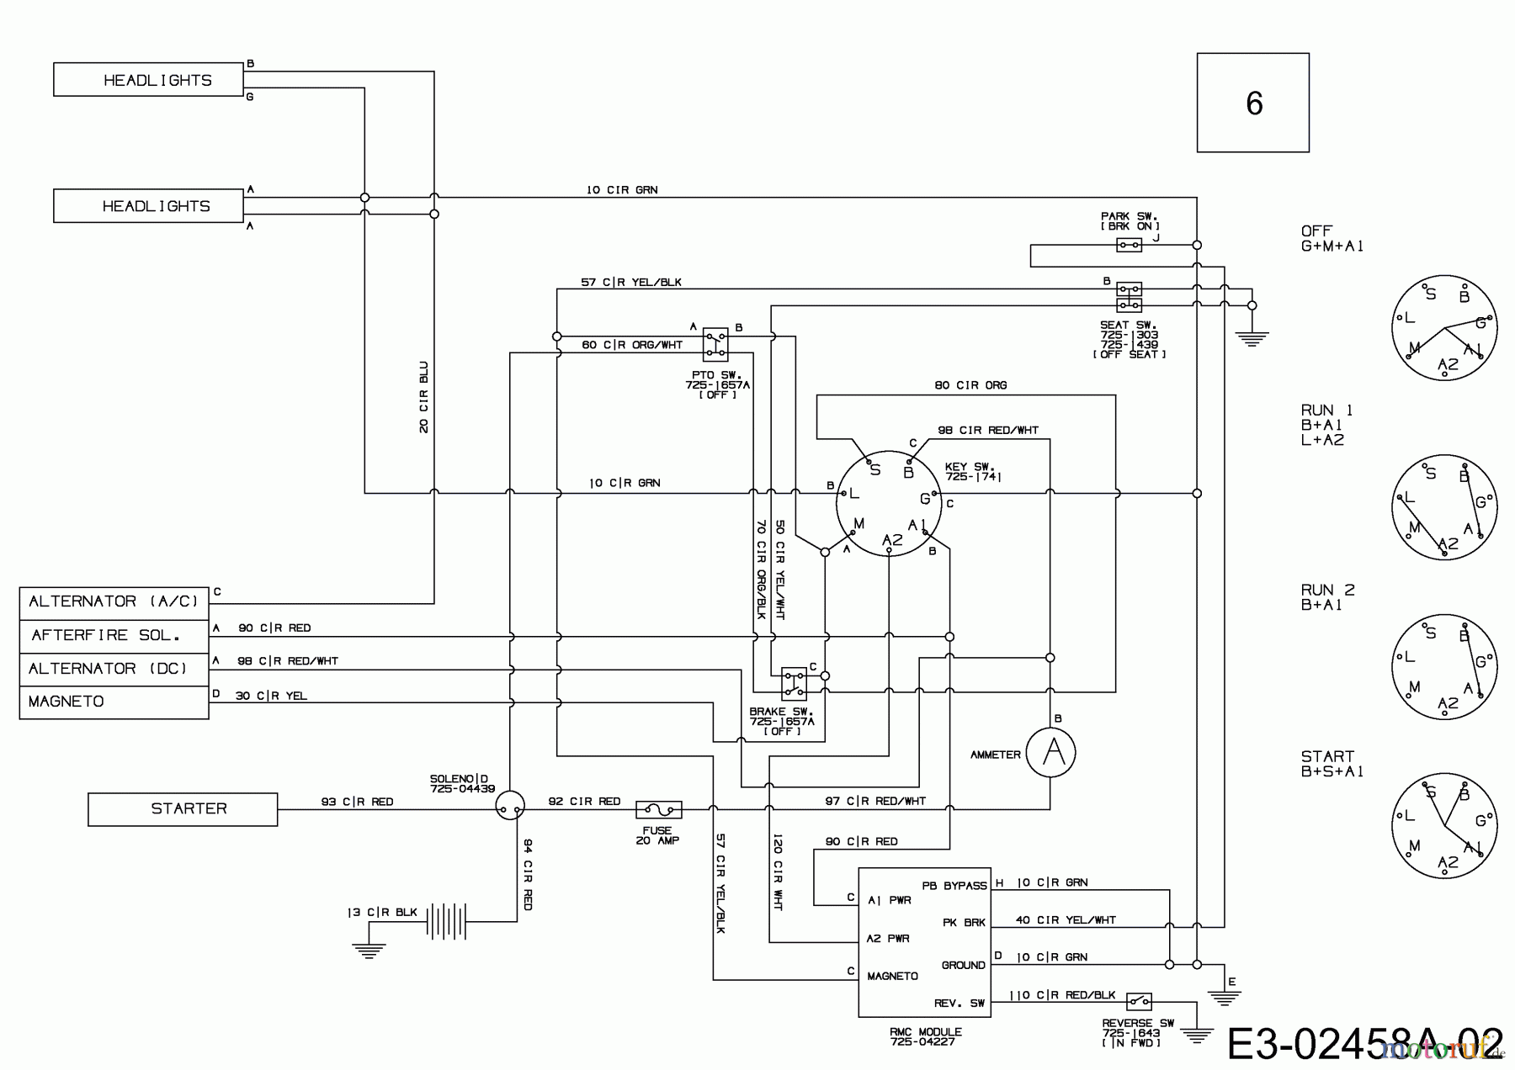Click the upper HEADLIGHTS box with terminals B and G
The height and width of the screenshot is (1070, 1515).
[148, 80]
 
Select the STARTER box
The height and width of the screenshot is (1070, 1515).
[183, 809]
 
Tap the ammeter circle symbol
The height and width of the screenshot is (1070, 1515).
[1050, 752]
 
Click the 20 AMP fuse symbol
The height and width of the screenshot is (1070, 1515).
[658, 810]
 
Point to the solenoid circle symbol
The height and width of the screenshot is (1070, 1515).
[509, 806]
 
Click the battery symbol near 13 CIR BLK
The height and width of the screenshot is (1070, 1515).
[446, 921]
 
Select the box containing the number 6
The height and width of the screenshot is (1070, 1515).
[1252, 103]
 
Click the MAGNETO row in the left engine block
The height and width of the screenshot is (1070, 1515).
[114, 702]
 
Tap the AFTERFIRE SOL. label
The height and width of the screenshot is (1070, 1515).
[106, 635]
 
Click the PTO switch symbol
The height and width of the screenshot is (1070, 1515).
[715, 345]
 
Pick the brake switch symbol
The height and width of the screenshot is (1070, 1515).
[794, 683]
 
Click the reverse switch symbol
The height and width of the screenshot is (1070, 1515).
[1139, 1001]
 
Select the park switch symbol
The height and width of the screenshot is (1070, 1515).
[1129, 245]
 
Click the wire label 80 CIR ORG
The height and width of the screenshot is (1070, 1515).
[970, 385]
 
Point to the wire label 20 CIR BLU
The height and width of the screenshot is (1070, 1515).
[423, 397]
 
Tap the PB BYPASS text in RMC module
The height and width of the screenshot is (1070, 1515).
[954, 886]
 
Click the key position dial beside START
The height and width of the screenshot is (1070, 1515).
[1444, 827]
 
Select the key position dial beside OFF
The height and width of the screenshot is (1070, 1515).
[1444, 328]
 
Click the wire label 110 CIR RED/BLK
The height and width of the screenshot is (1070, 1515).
[1061, 995]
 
